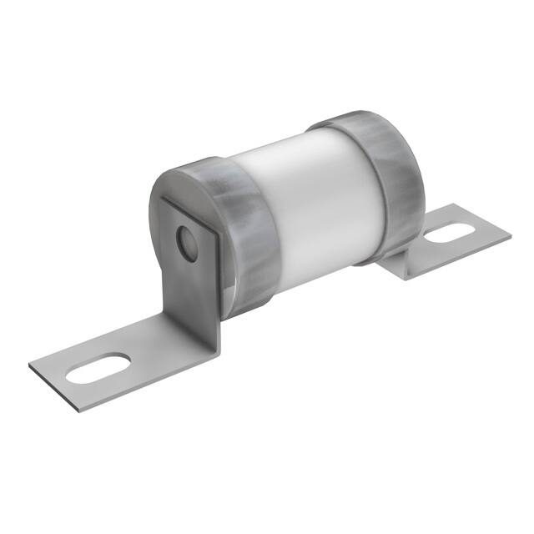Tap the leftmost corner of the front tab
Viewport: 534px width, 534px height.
click(x=29, y=368)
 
